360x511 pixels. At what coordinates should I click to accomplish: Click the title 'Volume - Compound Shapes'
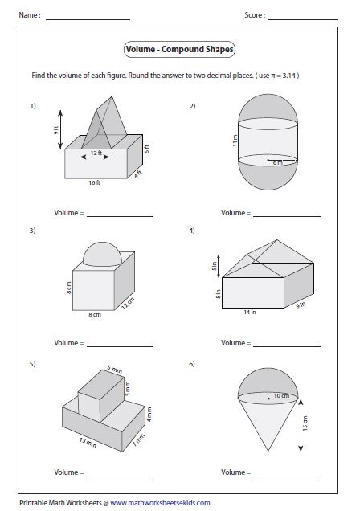point(180,50)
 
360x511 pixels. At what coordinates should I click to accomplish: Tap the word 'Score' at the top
point(255,15)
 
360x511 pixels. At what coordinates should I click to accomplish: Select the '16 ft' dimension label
point(94,183)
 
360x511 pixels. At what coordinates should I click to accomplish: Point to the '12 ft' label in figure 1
point(96,153)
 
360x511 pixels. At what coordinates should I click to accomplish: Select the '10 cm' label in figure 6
point(282,396)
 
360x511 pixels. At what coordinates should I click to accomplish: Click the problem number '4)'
point(192,231)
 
